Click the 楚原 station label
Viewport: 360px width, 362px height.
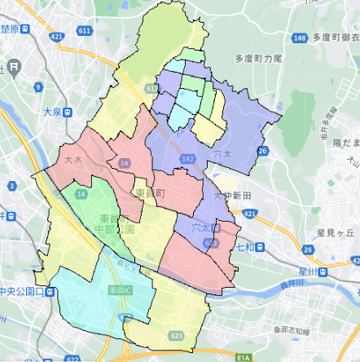[10, 29]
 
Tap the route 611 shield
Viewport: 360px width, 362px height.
[85, 30]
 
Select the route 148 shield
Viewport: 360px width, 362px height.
[301, 38]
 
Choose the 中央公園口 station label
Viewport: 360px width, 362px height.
[24, 289]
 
